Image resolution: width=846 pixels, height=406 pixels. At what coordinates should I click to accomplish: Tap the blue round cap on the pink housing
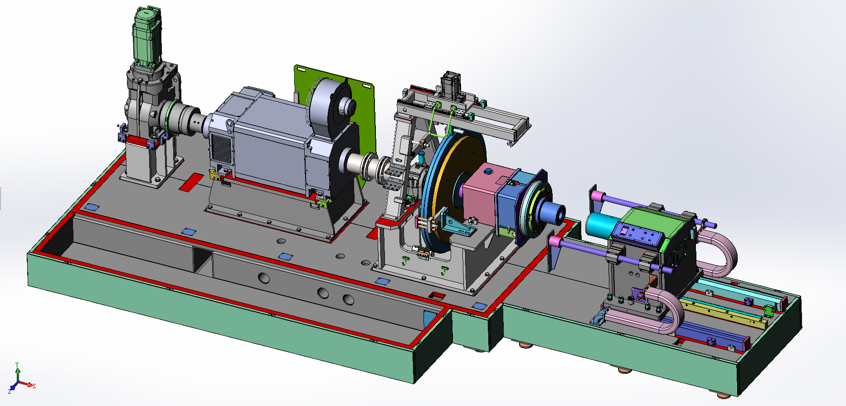pyautogui.click(x=488, y=171)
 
